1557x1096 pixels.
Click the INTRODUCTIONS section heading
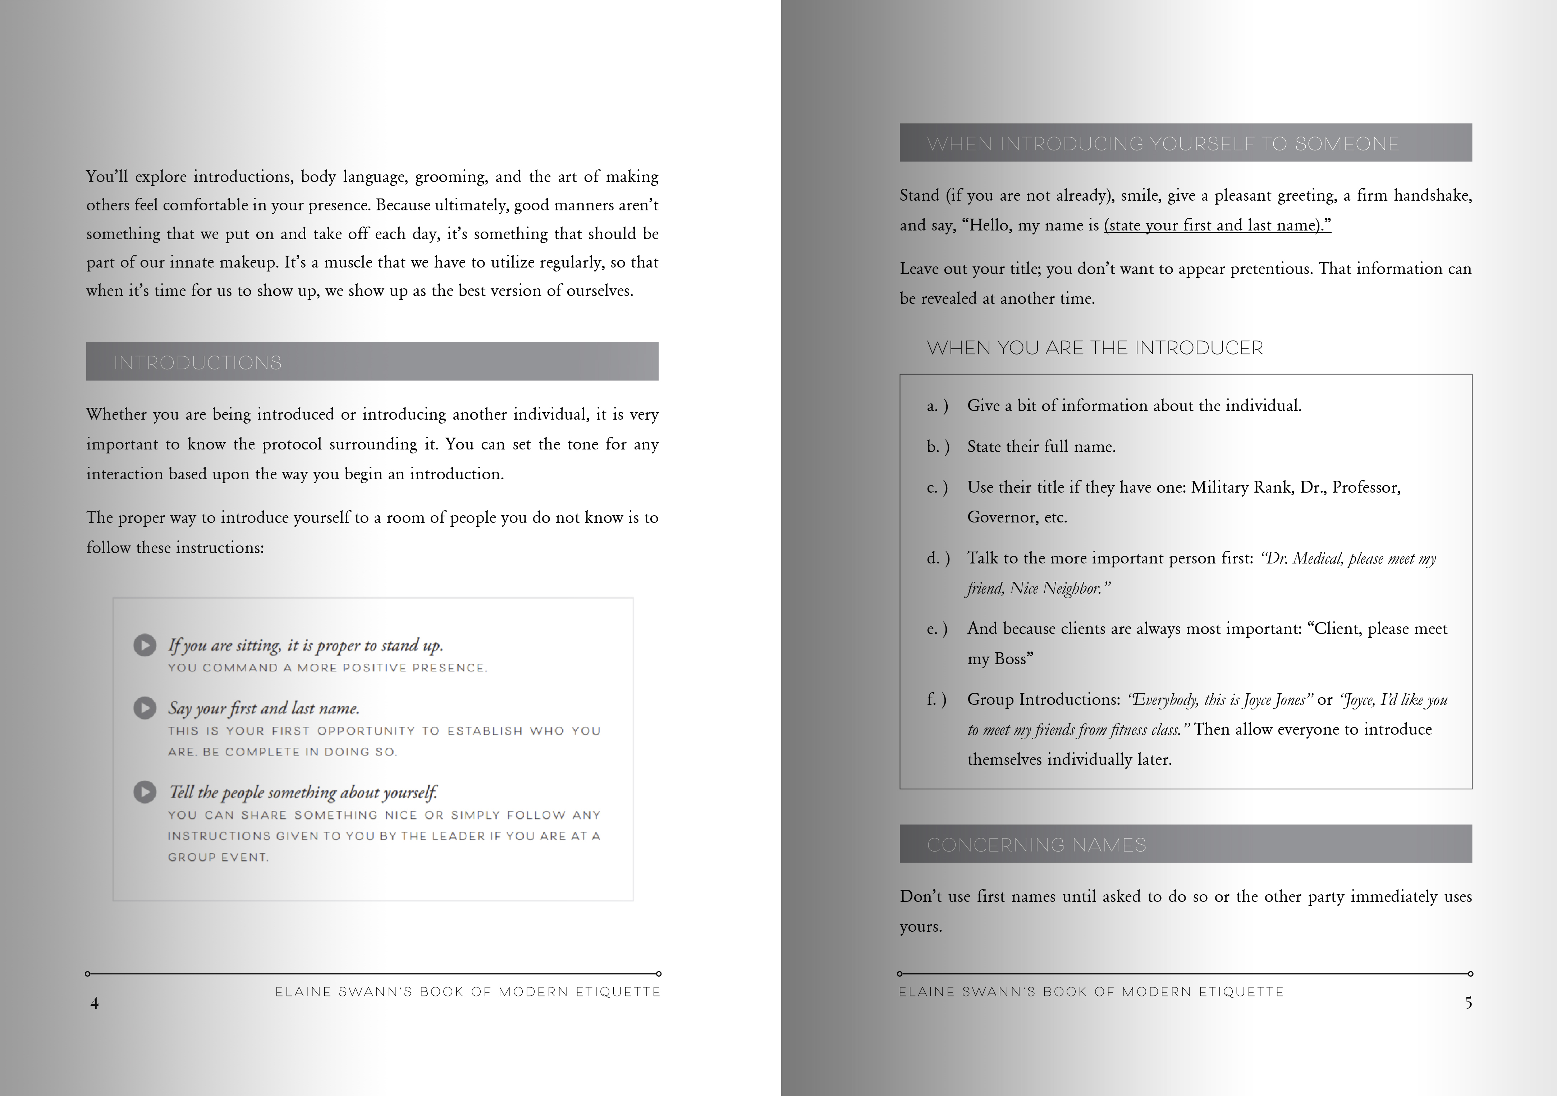click(197, 363)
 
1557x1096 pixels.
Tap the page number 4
click(94, 1003)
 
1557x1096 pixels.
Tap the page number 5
click(1468, 1003)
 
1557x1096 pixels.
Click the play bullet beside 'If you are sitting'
click(145, 645)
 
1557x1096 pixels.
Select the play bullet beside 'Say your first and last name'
click(145, 708)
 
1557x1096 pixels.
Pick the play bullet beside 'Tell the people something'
click(145, 791)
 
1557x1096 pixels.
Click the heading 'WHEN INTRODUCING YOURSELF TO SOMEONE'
click(1162, 144)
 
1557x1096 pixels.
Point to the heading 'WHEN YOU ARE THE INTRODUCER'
click(1095, 348)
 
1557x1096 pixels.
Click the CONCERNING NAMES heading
click(1036, 845)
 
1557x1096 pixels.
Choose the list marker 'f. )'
click(937, 699)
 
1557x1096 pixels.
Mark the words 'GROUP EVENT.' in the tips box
click(218, 857)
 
